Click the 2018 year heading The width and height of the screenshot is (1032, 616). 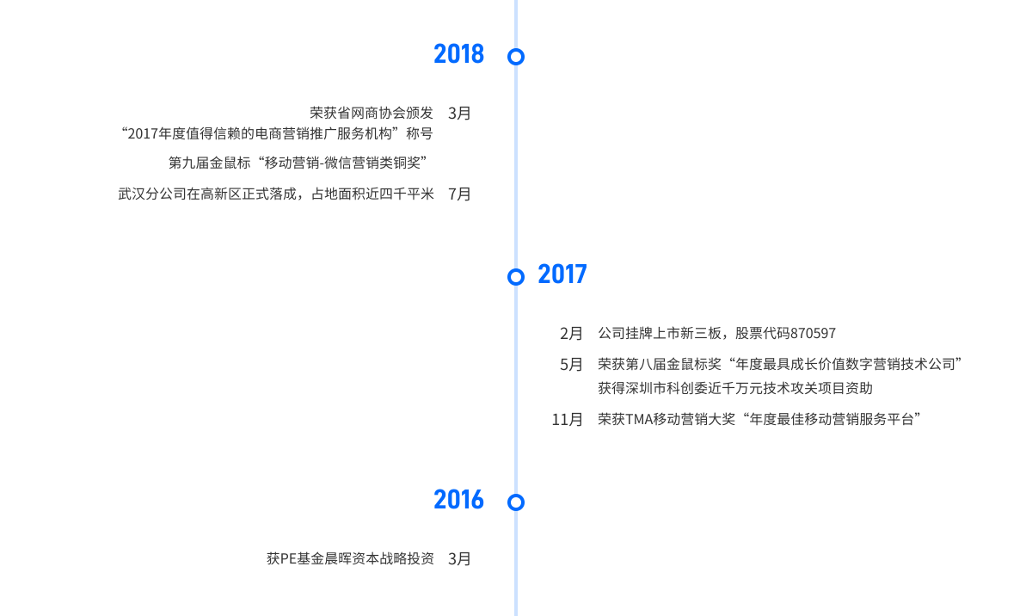[x=459, y=54]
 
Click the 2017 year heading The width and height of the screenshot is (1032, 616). [x=562, y=274]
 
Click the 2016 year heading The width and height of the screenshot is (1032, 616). [x=459, y=500]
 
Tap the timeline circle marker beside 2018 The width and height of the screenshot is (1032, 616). [x=516, y=57]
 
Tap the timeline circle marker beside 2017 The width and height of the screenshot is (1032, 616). [x=516, y=277]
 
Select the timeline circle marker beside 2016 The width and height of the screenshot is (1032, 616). [x=516, y=502]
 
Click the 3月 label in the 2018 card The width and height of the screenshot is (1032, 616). [x=460, y=113]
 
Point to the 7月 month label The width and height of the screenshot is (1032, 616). [x=460, y=194]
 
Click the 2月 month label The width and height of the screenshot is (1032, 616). [x=571, y=333]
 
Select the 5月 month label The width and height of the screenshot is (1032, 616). [x=571, y=364]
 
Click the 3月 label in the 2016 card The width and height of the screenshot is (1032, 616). [x=460, y=558]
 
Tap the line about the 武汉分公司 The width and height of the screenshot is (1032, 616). [x=276, y=194]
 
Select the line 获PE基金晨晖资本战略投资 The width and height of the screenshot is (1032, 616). [x=350, y=558]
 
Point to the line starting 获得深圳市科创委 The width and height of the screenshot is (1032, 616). [x=735, y=388]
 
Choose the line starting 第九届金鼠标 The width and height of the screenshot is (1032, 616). [x=298, y=162]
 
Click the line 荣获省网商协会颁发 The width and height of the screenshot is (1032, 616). [x=372, y=113]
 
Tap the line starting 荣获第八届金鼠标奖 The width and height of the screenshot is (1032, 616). [x=779, y=364]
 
